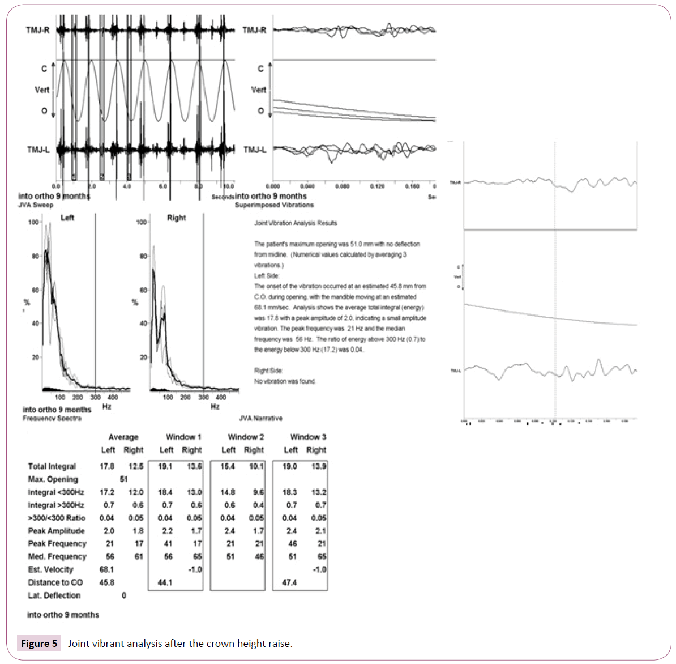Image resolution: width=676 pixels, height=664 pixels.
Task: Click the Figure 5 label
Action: pyautogui.click(x=39, y=644)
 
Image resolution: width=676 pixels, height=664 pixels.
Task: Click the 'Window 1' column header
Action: pyautogui.click(x=183, y=437)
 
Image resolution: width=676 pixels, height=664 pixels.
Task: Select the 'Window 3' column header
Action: pyautogui.click(x=307, y=437)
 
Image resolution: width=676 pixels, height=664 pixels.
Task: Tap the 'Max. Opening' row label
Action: pyautogui.click(x=53, y=479)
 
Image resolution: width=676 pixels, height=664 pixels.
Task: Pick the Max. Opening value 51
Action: pyautogui.click(x=124, y=479)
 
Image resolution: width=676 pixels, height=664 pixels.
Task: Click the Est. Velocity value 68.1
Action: pyautogui.click(x=106, y=569)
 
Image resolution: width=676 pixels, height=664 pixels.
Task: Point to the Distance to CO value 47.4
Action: pyautogui.click(x=289, y=582)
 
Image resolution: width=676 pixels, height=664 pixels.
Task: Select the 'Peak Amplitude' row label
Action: pyautogui.click(x=56, y=531)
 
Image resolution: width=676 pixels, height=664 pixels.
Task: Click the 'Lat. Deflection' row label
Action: pyautogui.click(x=54, y=595)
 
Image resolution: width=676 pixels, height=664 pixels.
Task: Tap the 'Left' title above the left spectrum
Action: pyautogui.click(x=67, y=218)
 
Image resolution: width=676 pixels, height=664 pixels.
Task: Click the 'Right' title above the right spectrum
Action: pyautogui.click(x=177, y=218)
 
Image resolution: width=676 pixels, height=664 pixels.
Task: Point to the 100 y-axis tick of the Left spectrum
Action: pyautogui.click(x=33, y=222)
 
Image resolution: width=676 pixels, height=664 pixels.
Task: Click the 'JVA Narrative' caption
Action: pyautogui.click(x=260, y=418)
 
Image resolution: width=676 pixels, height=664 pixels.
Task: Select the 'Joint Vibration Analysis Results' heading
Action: pyautogui.click(x=296, y=223)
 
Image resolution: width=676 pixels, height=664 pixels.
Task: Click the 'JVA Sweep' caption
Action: pyautogui.click(x=36, y=205)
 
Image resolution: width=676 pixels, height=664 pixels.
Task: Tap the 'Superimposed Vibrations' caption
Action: pyautogui.click(x=274, y=205)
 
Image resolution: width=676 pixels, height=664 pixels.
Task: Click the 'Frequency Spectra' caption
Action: pyautogui.click(x=52, y=418)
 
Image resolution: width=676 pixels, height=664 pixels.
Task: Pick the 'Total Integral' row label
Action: pyautogui.click(x=52, y=466)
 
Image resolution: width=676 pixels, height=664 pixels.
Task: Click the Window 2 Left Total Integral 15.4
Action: pyautogui.click(x=228, y=466)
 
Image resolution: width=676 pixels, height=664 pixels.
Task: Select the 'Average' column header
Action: pyautogui.click(x=123, y=437)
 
